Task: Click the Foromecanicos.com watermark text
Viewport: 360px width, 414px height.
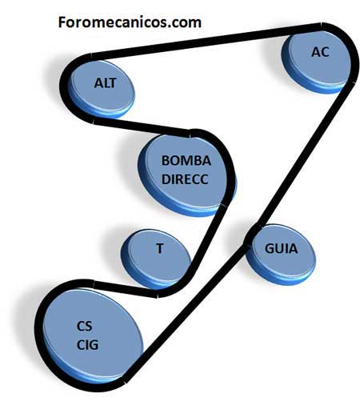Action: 130,22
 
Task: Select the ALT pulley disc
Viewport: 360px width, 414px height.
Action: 102,89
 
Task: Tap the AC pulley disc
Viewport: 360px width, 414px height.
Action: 316,62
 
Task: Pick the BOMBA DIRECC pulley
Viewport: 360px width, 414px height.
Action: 186,175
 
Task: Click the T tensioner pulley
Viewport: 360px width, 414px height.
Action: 156,259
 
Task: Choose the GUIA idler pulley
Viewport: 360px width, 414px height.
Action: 280,254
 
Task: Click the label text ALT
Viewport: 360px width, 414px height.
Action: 106,83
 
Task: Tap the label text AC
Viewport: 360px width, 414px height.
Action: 320,52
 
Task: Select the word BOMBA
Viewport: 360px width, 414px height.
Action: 186,161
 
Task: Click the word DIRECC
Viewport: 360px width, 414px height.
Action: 185,179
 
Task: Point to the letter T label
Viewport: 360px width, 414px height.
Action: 160,248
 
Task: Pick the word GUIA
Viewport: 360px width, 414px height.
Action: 281,248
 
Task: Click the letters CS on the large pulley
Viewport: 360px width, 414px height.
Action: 85,326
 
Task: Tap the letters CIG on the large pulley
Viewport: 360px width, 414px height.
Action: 87,344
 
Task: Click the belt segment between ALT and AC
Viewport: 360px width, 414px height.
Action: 206,42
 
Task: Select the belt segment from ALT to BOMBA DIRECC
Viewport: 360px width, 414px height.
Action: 142,127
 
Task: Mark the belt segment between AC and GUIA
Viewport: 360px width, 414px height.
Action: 305,155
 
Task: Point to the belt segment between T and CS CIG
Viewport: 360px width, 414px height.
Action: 126,290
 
